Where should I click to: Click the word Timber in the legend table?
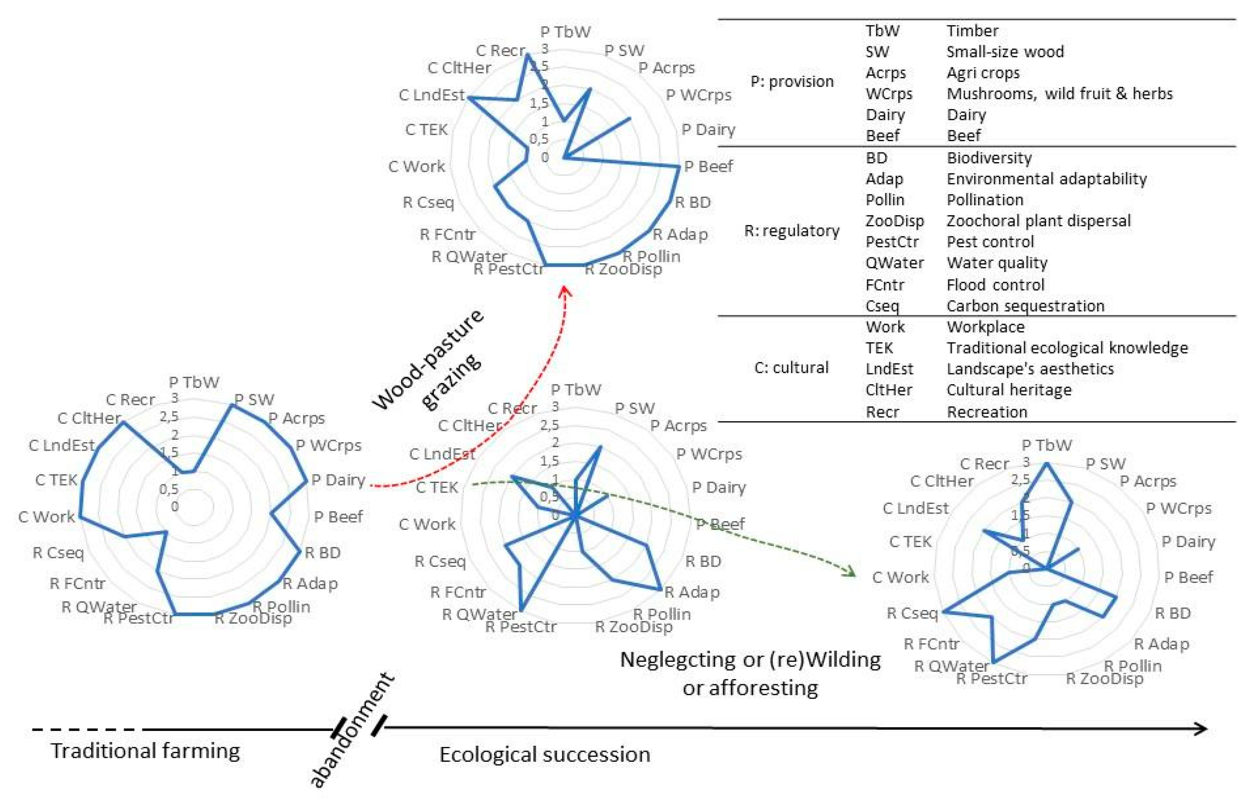(972, 31)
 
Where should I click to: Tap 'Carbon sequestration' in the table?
(1025, 306)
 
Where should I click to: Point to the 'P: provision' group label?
(792, 82)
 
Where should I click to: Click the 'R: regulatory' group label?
(792, 231)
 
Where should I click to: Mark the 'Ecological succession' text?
(545, 755)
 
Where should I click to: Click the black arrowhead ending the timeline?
(1200, 729)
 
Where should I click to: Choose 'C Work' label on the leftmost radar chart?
(47, 517)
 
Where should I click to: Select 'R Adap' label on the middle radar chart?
(692, 593)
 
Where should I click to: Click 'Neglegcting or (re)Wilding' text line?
(750, 660)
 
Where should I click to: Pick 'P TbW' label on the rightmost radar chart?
(1046, 446)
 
